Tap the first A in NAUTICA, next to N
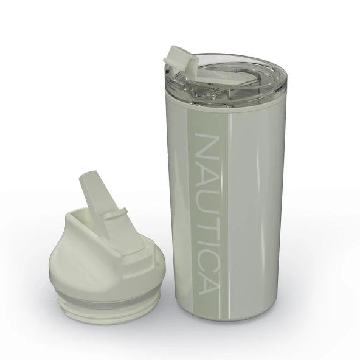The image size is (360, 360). pos(206,171)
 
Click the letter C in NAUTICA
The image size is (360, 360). pos(206,252)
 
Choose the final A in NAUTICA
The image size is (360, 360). pos(206,278)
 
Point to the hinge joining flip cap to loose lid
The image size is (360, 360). pos(116,216)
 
